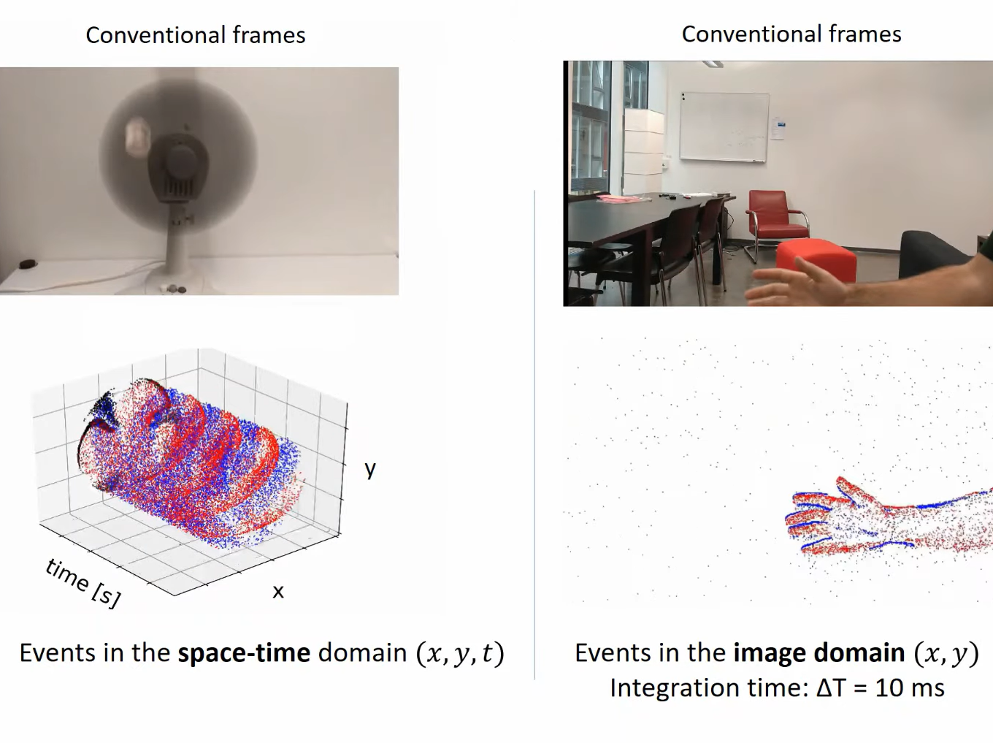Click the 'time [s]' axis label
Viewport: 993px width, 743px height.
83,583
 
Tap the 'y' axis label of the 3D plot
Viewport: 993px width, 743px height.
370,470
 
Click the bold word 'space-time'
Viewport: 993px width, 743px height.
244,653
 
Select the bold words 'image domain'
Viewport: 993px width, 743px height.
818,652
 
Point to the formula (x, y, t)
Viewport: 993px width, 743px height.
460,654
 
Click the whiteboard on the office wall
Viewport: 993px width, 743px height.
724,126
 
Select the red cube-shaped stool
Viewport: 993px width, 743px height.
816,260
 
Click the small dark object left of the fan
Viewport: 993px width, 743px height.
28,263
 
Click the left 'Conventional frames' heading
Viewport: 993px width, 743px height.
196,35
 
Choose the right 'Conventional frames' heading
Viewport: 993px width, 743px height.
791,34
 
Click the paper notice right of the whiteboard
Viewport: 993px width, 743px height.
778,127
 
